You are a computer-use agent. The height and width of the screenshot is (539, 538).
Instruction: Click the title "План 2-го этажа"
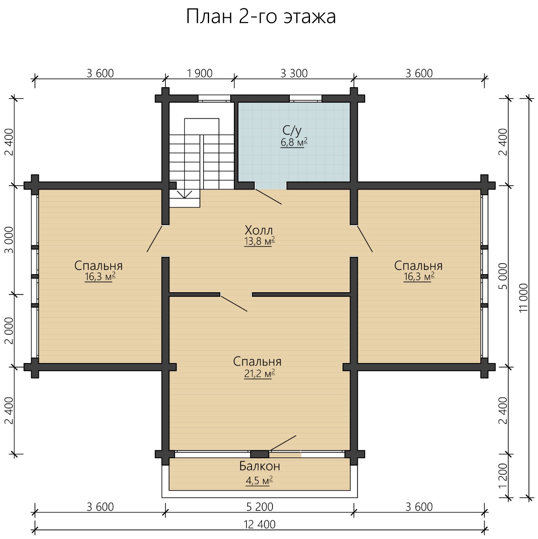click(260, 17)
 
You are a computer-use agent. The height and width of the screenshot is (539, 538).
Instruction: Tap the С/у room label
click(292, 131)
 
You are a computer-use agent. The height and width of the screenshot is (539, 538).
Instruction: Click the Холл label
click(259, 230)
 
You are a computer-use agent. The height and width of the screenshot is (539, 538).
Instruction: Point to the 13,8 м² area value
click(260, 241)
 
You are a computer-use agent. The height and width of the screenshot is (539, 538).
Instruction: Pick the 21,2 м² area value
click(260, 373)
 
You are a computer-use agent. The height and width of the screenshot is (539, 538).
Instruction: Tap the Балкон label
click(260, 466)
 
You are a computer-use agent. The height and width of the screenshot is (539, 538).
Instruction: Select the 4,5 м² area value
click(259, 480)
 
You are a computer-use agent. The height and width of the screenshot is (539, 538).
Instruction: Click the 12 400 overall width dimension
click(260, 524)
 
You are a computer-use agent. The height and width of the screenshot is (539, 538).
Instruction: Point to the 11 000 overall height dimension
click(524, 298)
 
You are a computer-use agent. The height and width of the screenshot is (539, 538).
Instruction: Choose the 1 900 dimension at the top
click(199, 73)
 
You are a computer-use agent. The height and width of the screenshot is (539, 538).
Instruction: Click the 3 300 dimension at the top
click(294, 73)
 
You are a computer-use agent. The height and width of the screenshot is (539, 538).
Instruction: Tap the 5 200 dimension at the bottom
click(260, 507)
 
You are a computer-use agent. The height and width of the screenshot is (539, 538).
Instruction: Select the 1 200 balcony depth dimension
click(503, 480)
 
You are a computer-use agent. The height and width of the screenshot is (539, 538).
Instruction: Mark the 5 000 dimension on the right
click(503, 276)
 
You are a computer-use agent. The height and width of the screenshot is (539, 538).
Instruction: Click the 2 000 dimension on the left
click(10, 331)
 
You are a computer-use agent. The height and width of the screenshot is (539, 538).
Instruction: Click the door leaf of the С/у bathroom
click(268, 197)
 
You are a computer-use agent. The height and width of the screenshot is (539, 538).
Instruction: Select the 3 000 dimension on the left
click(10, 240)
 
